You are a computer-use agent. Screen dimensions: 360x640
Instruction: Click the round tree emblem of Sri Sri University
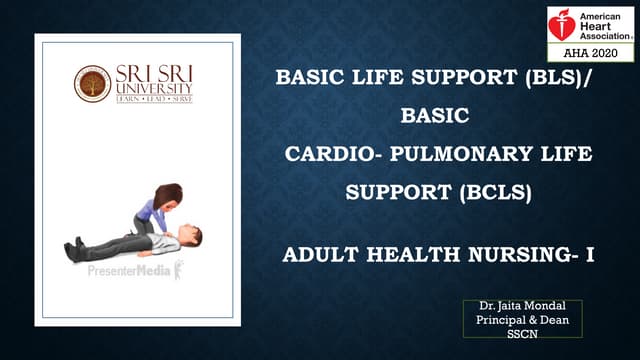pos(92,84)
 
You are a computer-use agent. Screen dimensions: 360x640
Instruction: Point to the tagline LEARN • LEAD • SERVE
pos(154,100)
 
